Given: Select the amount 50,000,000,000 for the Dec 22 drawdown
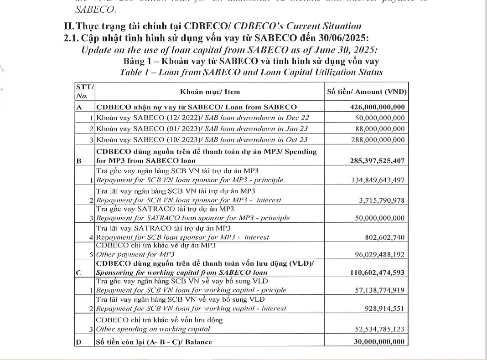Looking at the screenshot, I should click(x=380, y=118).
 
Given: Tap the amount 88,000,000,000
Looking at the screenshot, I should click(x=380, y=129).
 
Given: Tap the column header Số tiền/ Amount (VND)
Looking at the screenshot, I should click(x=367, y=92).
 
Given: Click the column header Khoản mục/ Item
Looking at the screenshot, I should click(x=210, y=92).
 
